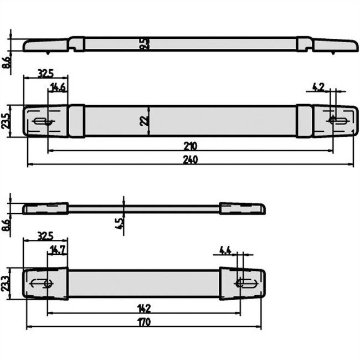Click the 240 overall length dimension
pyautogui.click(x=189, y=160)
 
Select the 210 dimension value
pyautogui.click(x=190, y=146)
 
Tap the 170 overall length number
pyautogui.click(x=143, y=321)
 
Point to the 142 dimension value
pyautogui.click(x=143, y=308)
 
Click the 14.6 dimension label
pyautogui.click(x=58, y=86)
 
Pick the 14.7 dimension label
pyautogui.click(x=58, y=249)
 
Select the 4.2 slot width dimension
pyautogui.click(x=318, y=86)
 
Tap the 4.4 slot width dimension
pyautogui.click(x=225, y=250)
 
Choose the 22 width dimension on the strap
pyautogui.click(x=145, y=120)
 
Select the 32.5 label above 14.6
pyautogui.click(x=45, y=73)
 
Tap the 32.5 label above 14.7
pyautogui.click(x=45, y=235)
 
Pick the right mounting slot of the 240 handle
pyautogui.click(x=337, y=121)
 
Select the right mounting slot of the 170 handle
pyautogui.click(x=245, y=283)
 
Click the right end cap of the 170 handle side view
pyautogui.click(x=242, y=209)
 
